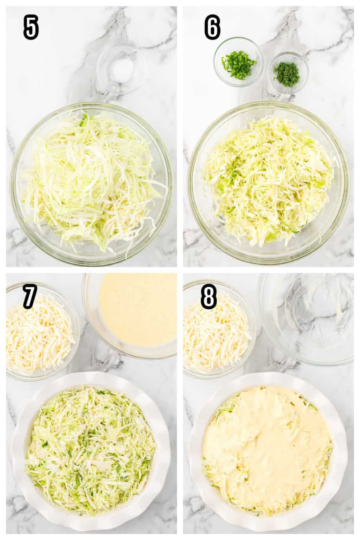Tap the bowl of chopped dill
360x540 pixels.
point(288,72)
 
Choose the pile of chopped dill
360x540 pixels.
point(287,72)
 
